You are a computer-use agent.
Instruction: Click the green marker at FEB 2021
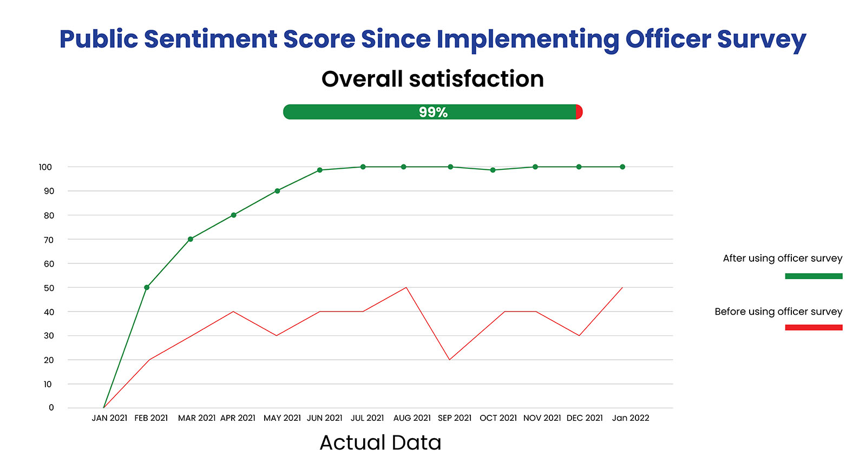click(x=147, y=287)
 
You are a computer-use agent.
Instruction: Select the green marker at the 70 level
click(x=191, y=239)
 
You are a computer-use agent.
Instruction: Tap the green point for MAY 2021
click(x=277, y=191)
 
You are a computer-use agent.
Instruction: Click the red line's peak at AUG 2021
click(x=406, y=287)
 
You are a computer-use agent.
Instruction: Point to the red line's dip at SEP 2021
click(x=449, y=360)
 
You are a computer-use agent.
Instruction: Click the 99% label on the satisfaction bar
click(x=433, y=113)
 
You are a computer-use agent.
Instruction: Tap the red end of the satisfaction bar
click(x=579, y=112)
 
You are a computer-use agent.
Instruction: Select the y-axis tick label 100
click(x=45, y=167)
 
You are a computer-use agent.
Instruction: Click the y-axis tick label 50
click(x=49, y=288)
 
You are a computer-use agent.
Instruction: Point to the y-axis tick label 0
click(x=51, y=408)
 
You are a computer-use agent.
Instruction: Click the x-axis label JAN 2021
click(x=109, y=418)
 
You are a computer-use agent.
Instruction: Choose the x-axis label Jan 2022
click(x=631, y=418)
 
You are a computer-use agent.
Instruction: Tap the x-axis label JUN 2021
click(x=325, y=418)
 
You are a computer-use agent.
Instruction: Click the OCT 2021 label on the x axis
click(x=498, y=418)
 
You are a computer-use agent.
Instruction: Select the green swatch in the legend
click(x=813, y=276)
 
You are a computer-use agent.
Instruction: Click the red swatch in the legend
click(x=813, y=327)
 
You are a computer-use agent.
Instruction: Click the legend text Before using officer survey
click(x=778, y=312)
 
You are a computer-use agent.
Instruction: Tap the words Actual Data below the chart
click(x=380, y=442)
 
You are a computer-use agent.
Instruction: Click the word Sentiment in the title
click(x=211, y=39)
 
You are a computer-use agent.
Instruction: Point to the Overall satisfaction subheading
click(x=432, y=79)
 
